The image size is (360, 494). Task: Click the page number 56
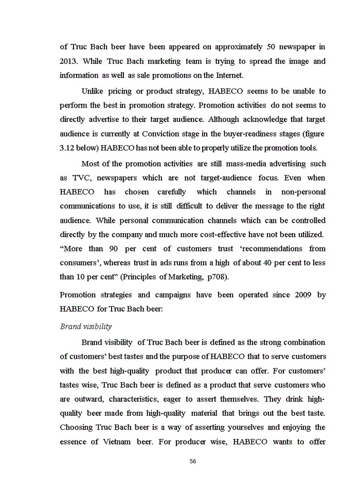click(193, 461)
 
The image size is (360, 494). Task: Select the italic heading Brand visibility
click(85, 326)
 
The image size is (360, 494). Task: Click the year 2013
click(69, 61)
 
